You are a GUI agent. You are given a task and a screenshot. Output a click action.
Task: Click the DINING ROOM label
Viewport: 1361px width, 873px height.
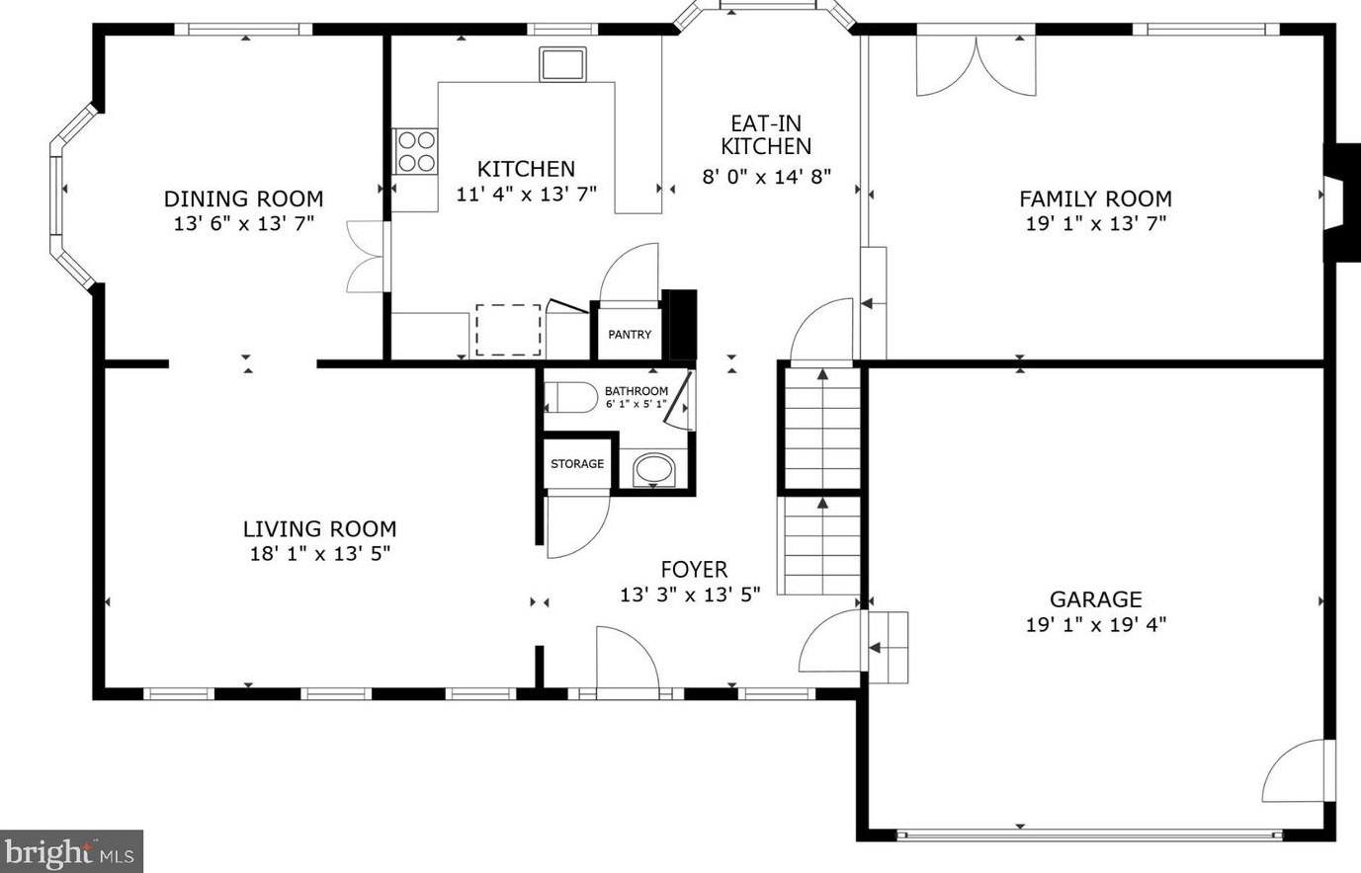(x=244, y=198)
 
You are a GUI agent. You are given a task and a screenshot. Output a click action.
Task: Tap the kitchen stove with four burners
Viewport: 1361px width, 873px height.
(x=415, y=151)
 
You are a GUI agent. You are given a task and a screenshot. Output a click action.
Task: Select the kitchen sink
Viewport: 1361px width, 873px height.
(x=562, y=64)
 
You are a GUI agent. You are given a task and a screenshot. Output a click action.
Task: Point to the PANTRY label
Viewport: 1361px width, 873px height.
(x=630, y=335)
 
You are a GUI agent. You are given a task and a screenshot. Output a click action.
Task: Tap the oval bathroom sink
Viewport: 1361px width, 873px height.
(x=653, y=469)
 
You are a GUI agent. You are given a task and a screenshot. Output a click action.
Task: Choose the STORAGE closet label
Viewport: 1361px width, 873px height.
(x=577, y=464)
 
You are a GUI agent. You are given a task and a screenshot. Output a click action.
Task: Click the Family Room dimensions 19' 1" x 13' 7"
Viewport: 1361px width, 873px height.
(x=1096, y=223)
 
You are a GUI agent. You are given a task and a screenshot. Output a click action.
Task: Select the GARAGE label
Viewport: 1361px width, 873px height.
(x=1096, y=599)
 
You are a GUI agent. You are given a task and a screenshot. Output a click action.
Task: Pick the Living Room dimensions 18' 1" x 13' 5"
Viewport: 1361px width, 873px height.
(x=320, y=554)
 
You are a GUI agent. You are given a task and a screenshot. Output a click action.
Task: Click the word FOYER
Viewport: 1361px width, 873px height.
(x=694, y=570)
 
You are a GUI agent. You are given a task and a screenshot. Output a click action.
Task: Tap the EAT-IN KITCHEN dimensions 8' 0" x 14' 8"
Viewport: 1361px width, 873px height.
(x=767, y=177)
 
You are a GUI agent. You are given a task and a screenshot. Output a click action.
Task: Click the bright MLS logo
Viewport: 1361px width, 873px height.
(x=71, y=851)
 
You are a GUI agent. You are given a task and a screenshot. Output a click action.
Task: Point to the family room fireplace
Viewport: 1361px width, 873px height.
(x=1341, y=202)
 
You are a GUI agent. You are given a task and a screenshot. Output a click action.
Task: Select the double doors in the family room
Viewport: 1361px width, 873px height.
(x=976, y=65)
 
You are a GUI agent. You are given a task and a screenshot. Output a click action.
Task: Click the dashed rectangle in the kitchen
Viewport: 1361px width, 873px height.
(x=508, y=330)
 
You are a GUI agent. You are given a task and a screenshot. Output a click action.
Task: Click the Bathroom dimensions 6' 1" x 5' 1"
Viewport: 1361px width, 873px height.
(x=637, y=404)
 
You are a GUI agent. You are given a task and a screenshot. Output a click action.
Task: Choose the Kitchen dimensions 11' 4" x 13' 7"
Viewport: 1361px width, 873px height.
(x=526, y=194)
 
